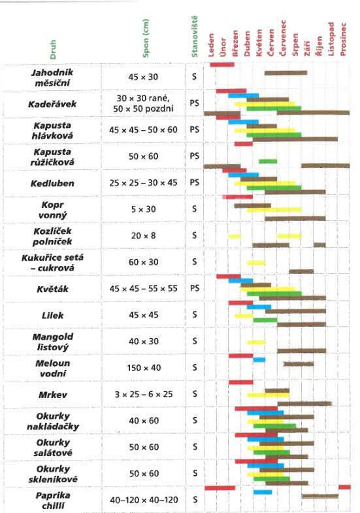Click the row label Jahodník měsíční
pyautogui.click(x=52, y=78)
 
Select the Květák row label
pyautogui.click(x=52, y=290)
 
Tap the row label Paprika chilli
pyautogui.click(x=52, y=500)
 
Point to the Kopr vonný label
pyautogui.click(x=52, y=210)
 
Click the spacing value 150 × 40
pyautogui.click(x=144, y=368)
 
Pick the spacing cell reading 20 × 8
pyautogui.click(x=143, y=235)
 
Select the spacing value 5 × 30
pyautogui.click(x=143, y=209)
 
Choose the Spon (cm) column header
pyautogui.click(x=146, y=39)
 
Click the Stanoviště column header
pyautogui.click(x=195, y=37)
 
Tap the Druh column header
pyautogui.click(x=53, y=50)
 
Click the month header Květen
pyautogui.click(x=259, y=42)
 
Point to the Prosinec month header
pyautogui.click(x=342, y=39)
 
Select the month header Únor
pyautogui.click(x=223, y=47)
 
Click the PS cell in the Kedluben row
pyautogui.click(x=195, y=182)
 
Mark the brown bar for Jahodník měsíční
pyautogui.click(x=286, y=73)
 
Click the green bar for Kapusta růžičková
pyautogui.click(x=268, y=161)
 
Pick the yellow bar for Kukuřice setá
pyautogui.click(x=256, y=263)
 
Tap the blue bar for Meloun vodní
pyautogui.click(x=259, y=360)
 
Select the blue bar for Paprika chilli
pyautogui.click(x=263, y=492)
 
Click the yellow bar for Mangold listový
pyautogui.click(x=256, y=342)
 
